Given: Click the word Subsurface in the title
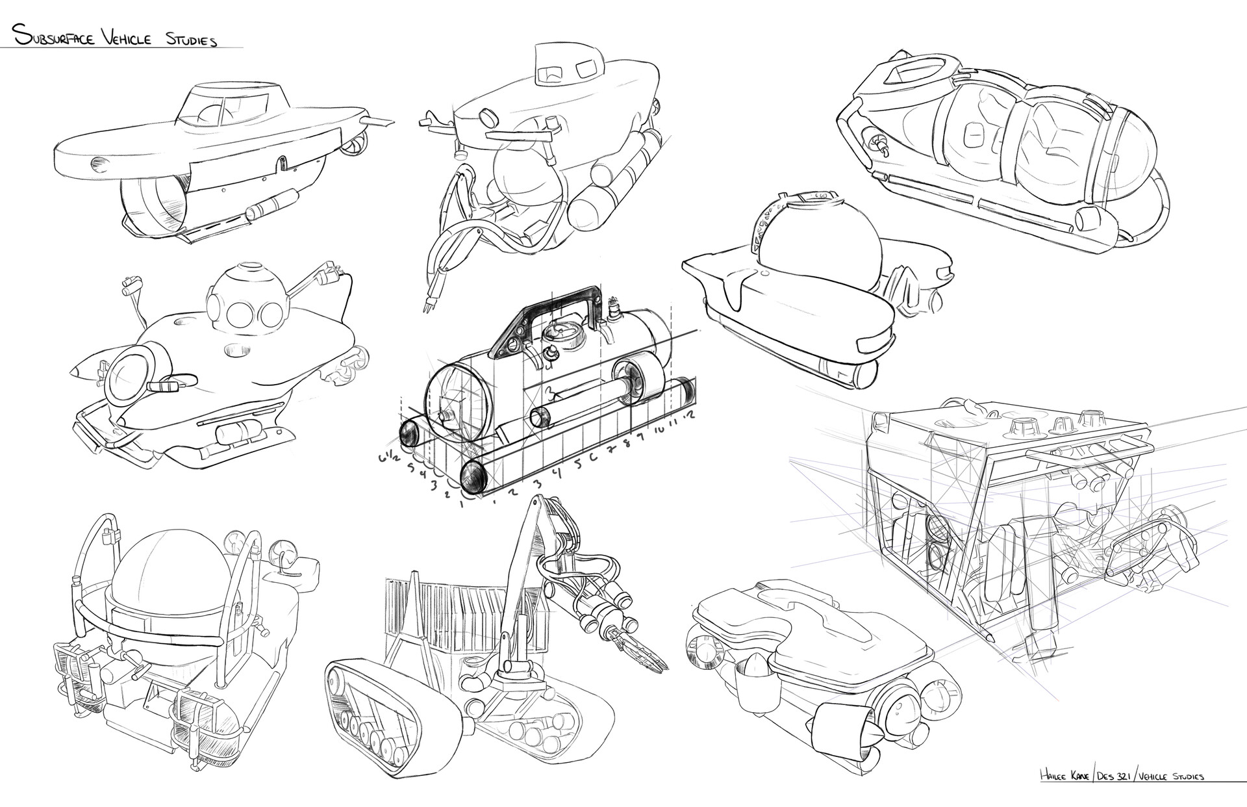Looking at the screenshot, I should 53,38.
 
